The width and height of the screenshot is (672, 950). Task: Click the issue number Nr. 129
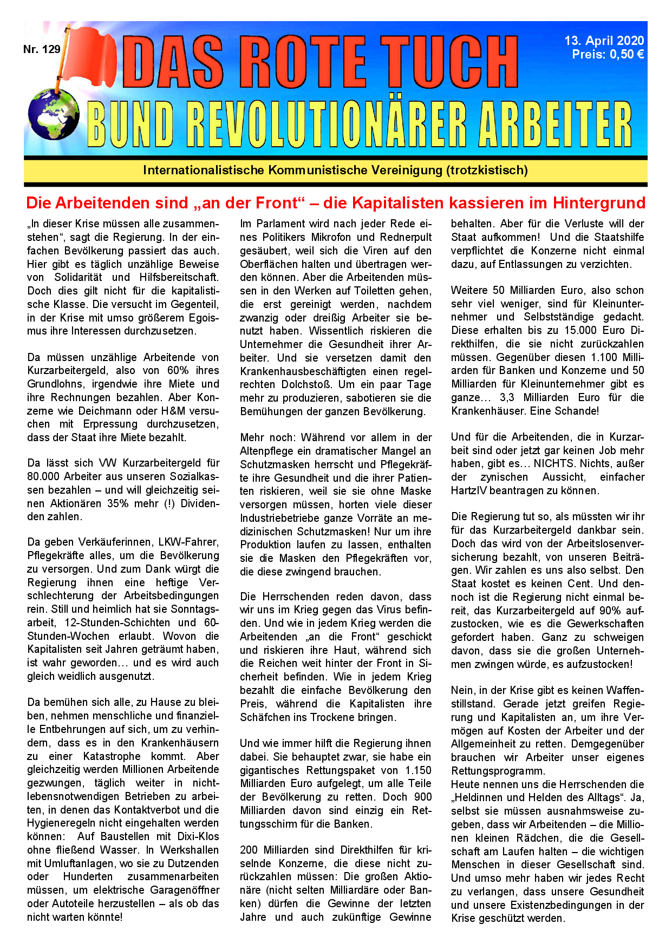coord(42,49)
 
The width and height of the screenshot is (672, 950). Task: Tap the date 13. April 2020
coord(604,41)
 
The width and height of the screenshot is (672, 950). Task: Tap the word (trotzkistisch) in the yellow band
coord(487,171)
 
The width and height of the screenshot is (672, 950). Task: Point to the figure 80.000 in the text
coord(47,476)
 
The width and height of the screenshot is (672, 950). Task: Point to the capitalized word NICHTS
coord(554,463)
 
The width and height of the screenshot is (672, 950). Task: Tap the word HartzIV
coord(469,490)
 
